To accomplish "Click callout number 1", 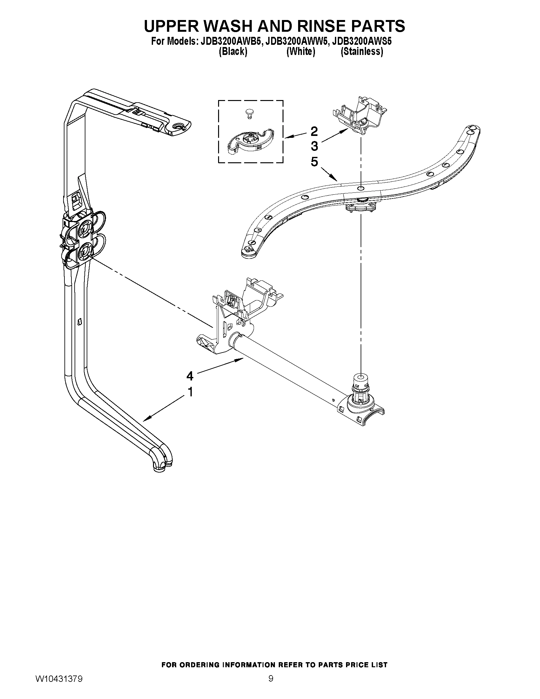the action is coord(190,392).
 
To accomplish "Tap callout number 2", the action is coord(314,131).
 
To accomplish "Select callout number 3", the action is coord(314,146).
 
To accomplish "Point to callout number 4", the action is coord(190,376).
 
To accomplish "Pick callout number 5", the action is coord(314,162).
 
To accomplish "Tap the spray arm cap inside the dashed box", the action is coord(249,141).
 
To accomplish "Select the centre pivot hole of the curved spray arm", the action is coord(361,189).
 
